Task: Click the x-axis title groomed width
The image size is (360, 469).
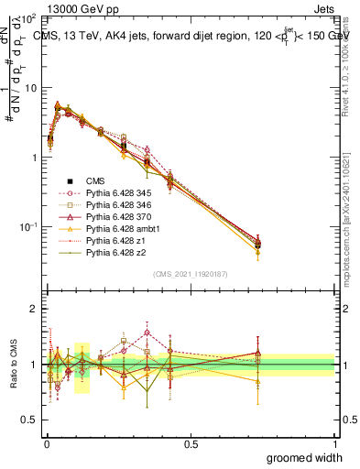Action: (306, 457)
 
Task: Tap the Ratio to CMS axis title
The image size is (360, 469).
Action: (12, 365)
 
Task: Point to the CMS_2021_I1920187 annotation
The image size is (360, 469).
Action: (190, 274)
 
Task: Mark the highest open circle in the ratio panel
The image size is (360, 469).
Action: (147, 333)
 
